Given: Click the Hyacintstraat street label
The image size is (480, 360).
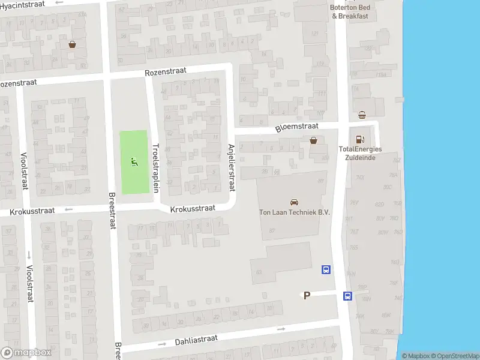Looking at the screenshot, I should pos(23,4).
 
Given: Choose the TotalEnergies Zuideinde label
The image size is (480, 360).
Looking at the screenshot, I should pos(360,153).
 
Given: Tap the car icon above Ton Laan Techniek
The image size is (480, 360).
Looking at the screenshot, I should pos(294,202).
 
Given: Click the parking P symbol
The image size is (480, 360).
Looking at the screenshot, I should pos(307,295).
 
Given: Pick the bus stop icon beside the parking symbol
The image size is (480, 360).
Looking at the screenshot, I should pos(347,295).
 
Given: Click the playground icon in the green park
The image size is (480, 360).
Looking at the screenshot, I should pos(134,160).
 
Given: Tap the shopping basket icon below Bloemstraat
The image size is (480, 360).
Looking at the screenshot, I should pos(313,140).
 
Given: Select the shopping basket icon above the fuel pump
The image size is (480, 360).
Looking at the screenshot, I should pos(362,115).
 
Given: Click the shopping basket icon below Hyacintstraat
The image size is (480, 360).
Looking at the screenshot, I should pos(73,44).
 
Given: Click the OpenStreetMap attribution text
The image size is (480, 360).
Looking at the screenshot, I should pos(454,356).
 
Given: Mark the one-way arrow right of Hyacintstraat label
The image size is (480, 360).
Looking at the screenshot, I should pos(59,2).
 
